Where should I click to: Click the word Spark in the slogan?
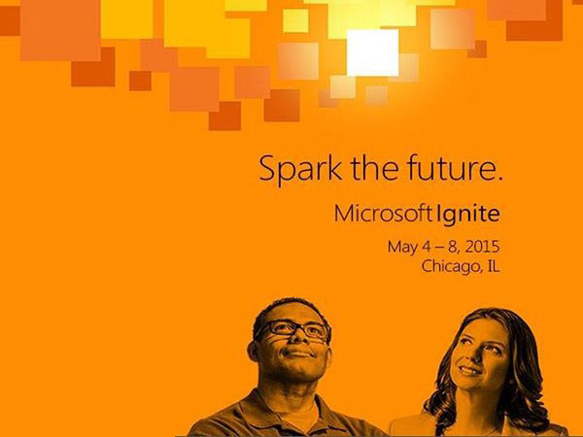coord(300,169)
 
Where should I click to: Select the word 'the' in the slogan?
coord(374,167)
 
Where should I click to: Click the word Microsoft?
coord(383,214)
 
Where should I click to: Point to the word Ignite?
coord(467,215)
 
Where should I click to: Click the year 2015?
coord(482,247)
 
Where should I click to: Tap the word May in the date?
coord(402,248)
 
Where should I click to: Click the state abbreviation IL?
coord(493,266)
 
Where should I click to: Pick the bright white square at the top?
coord(372,52)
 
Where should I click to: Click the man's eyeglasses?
coord(293,329)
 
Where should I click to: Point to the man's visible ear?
coord(254,352)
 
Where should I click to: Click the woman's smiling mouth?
coord(469,370)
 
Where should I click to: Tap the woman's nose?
coord(469,355)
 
